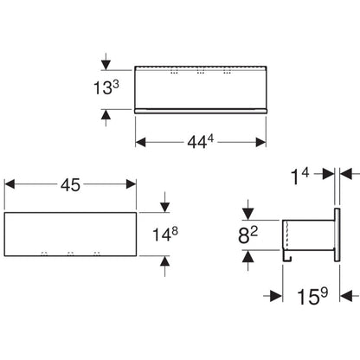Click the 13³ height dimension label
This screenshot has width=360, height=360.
pyautogui.click(x=106, y=87)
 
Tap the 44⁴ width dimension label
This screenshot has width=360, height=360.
pyautogui.click(x=201, y=142)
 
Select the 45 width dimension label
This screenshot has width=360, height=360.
pyautogui.click(x=70, y=184)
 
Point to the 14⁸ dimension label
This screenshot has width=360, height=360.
pyautogui.click(x=165, y=234)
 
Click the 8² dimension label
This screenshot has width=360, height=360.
pyautogui.click(x=247, y=235)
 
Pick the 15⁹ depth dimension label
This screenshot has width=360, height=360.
pyautogui.click(x=312, y=296)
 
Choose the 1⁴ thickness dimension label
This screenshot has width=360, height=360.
pyautogui.click(x=300, y=176)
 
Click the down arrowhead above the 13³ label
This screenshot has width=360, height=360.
pyautogui.click(x=106, y=66)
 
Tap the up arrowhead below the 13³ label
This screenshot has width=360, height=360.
pyautogui.click(x=106, y=114)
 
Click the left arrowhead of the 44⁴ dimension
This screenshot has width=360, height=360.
pyautogui.click(x=140, y=142)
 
